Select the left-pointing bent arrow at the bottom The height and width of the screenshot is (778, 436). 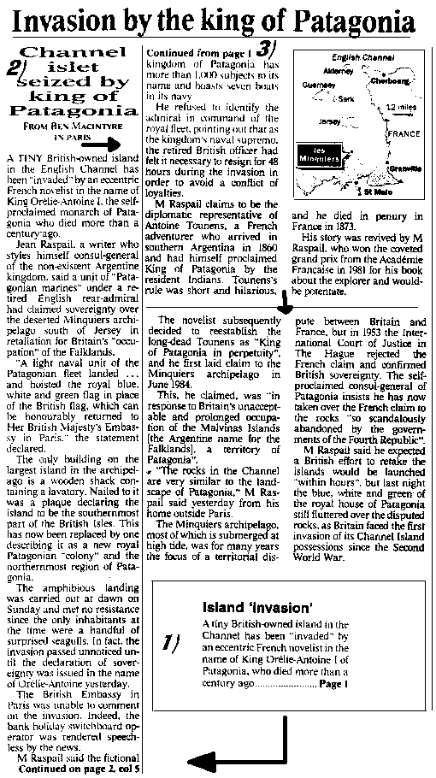pos(231,752)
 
